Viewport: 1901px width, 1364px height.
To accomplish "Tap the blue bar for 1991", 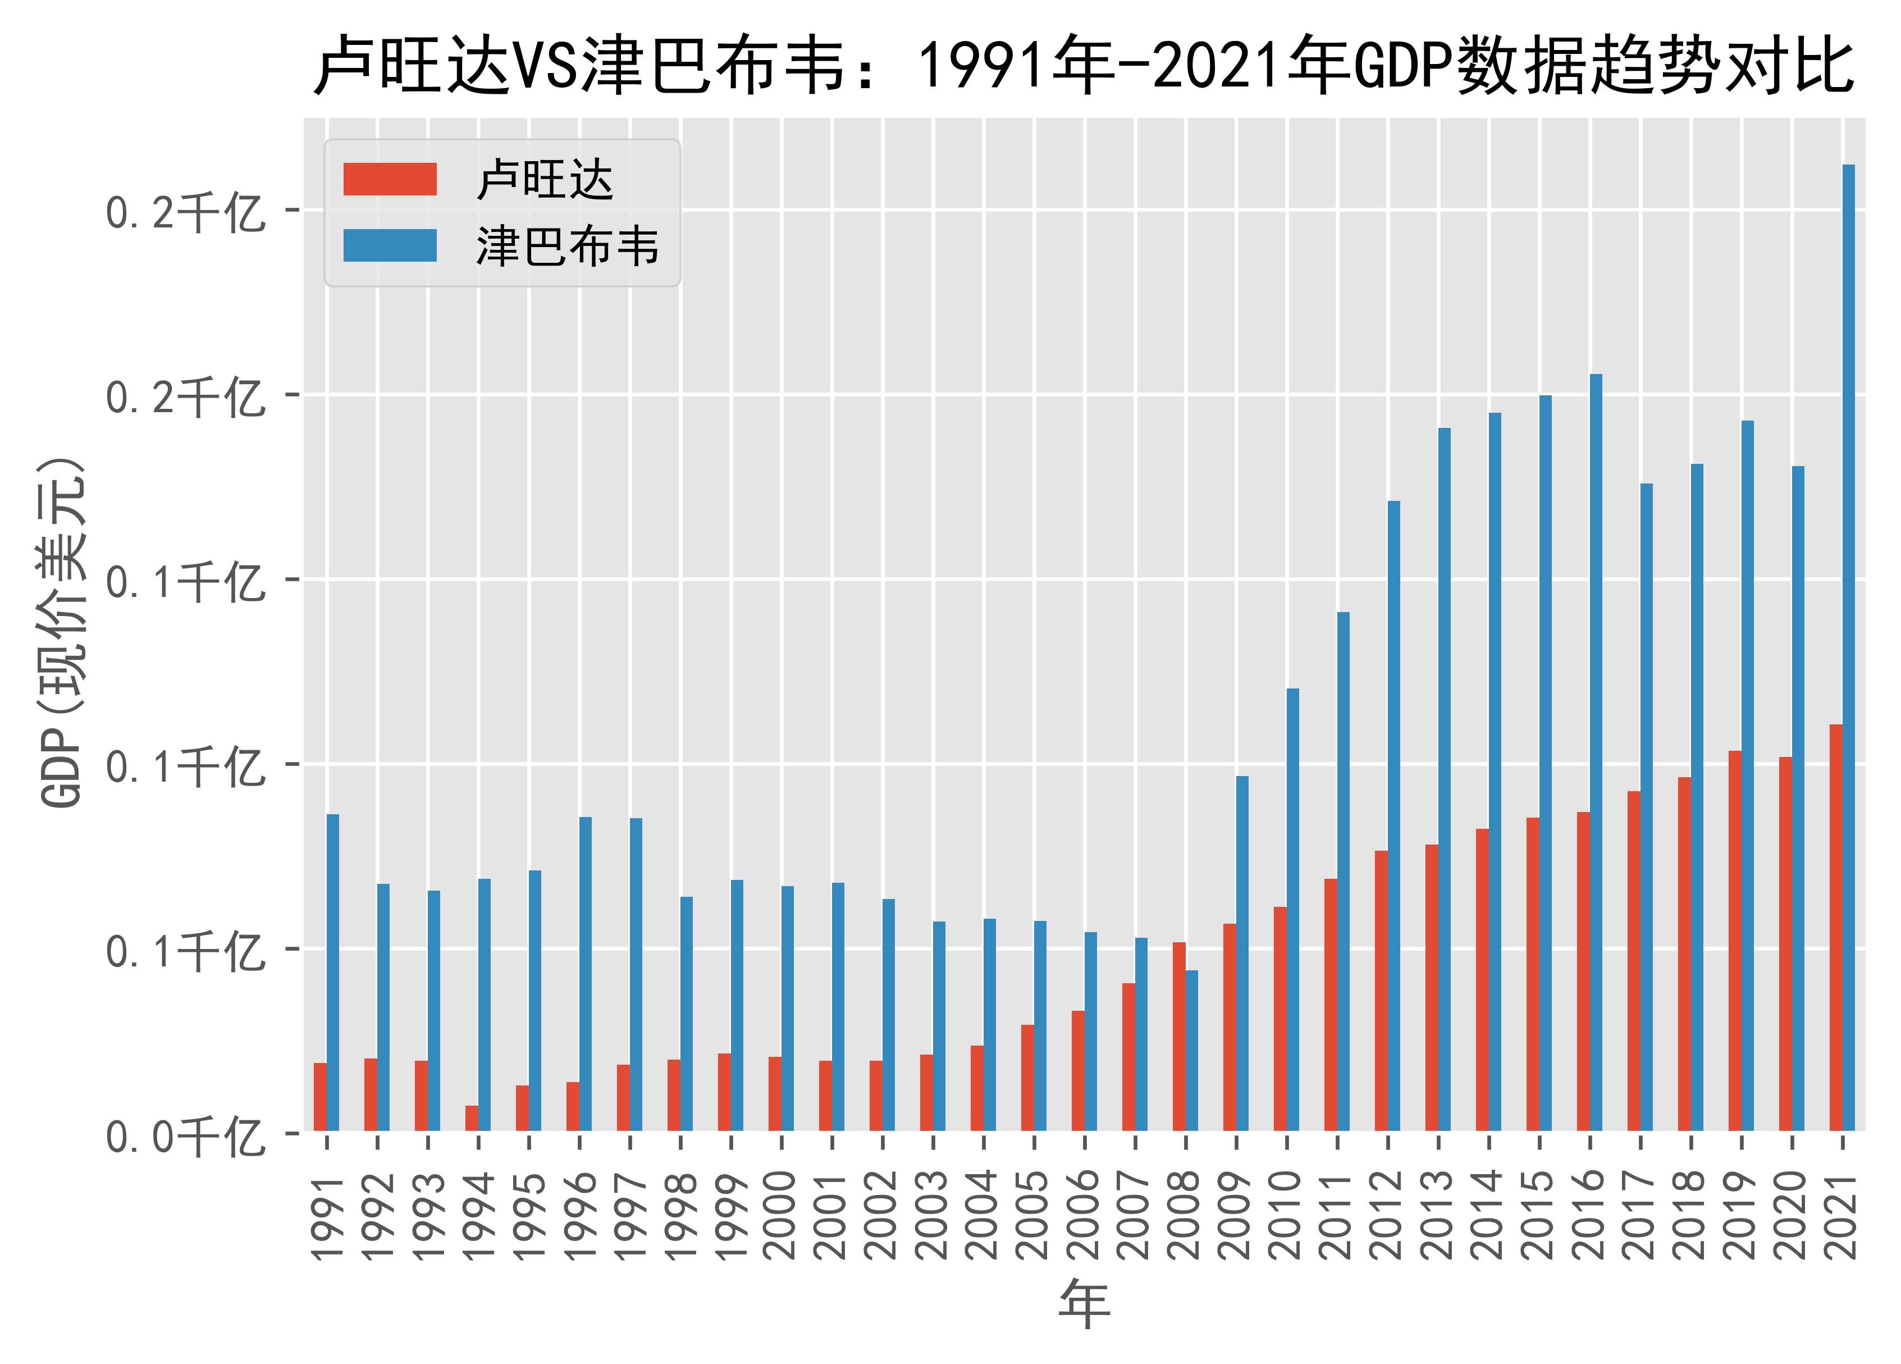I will tap(333, 973).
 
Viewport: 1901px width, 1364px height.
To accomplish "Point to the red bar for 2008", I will tap(1178, 1036).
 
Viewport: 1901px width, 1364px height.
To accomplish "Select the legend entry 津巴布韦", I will tap(568, 247).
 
